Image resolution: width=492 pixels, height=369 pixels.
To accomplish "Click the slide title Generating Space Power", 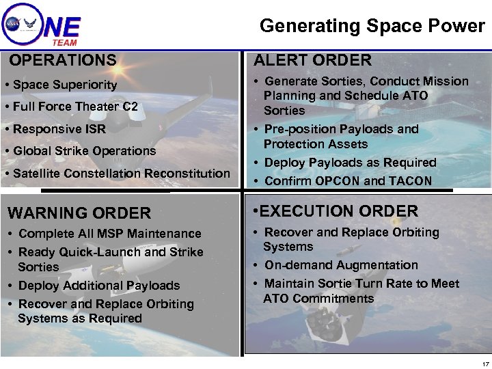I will [x=372, y=26].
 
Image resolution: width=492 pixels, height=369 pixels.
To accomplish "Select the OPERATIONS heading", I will [x=63, y=61].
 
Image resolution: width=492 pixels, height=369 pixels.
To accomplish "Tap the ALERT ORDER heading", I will [x=313, y=60].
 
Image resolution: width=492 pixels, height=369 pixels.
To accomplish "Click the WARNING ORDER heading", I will [x=79, y=213].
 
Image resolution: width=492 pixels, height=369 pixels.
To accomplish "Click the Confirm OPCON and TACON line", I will [x=348, y=181].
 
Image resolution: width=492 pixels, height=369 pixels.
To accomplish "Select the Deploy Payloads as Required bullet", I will [x=350, y=163].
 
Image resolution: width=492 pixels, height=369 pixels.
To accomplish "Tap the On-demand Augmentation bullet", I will [x=341, y=265].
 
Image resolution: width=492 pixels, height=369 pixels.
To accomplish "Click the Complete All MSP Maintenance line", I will [x=109, y=234].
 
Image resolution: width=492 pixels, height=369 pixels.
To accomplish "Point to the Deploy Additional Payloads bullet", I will [x=98, y=286].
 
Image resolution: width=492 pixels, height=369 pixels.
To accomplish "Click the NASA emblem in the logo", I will [x=12, y=23].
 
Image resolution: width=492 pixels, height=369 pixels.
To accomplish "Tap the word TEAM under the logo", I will [x=65, y=42].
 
